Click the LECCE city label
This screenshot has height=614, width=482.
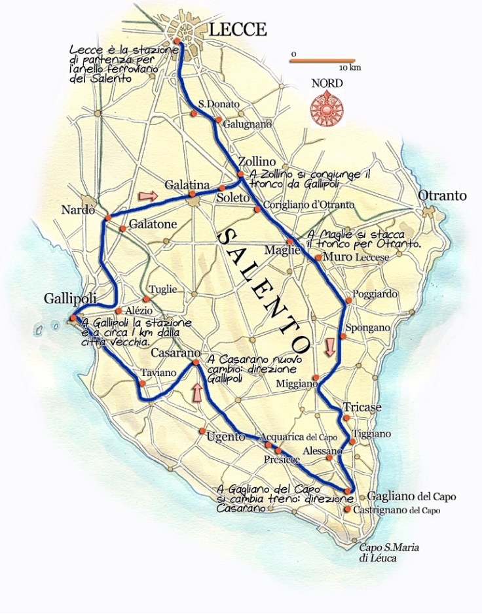(x=238, y=29)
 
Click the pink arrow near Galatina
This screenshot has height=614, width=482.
(x=149, y=195)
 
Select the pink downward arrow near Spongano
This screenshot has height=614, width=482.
(x=330, y=346)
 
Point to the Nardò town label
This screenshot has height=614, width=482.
(x=78, y=210)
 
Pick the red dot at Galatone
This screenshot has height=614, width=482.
(x=123, y=228)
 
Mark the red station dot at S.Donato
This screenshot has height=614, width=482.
(x=194, y=114)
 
